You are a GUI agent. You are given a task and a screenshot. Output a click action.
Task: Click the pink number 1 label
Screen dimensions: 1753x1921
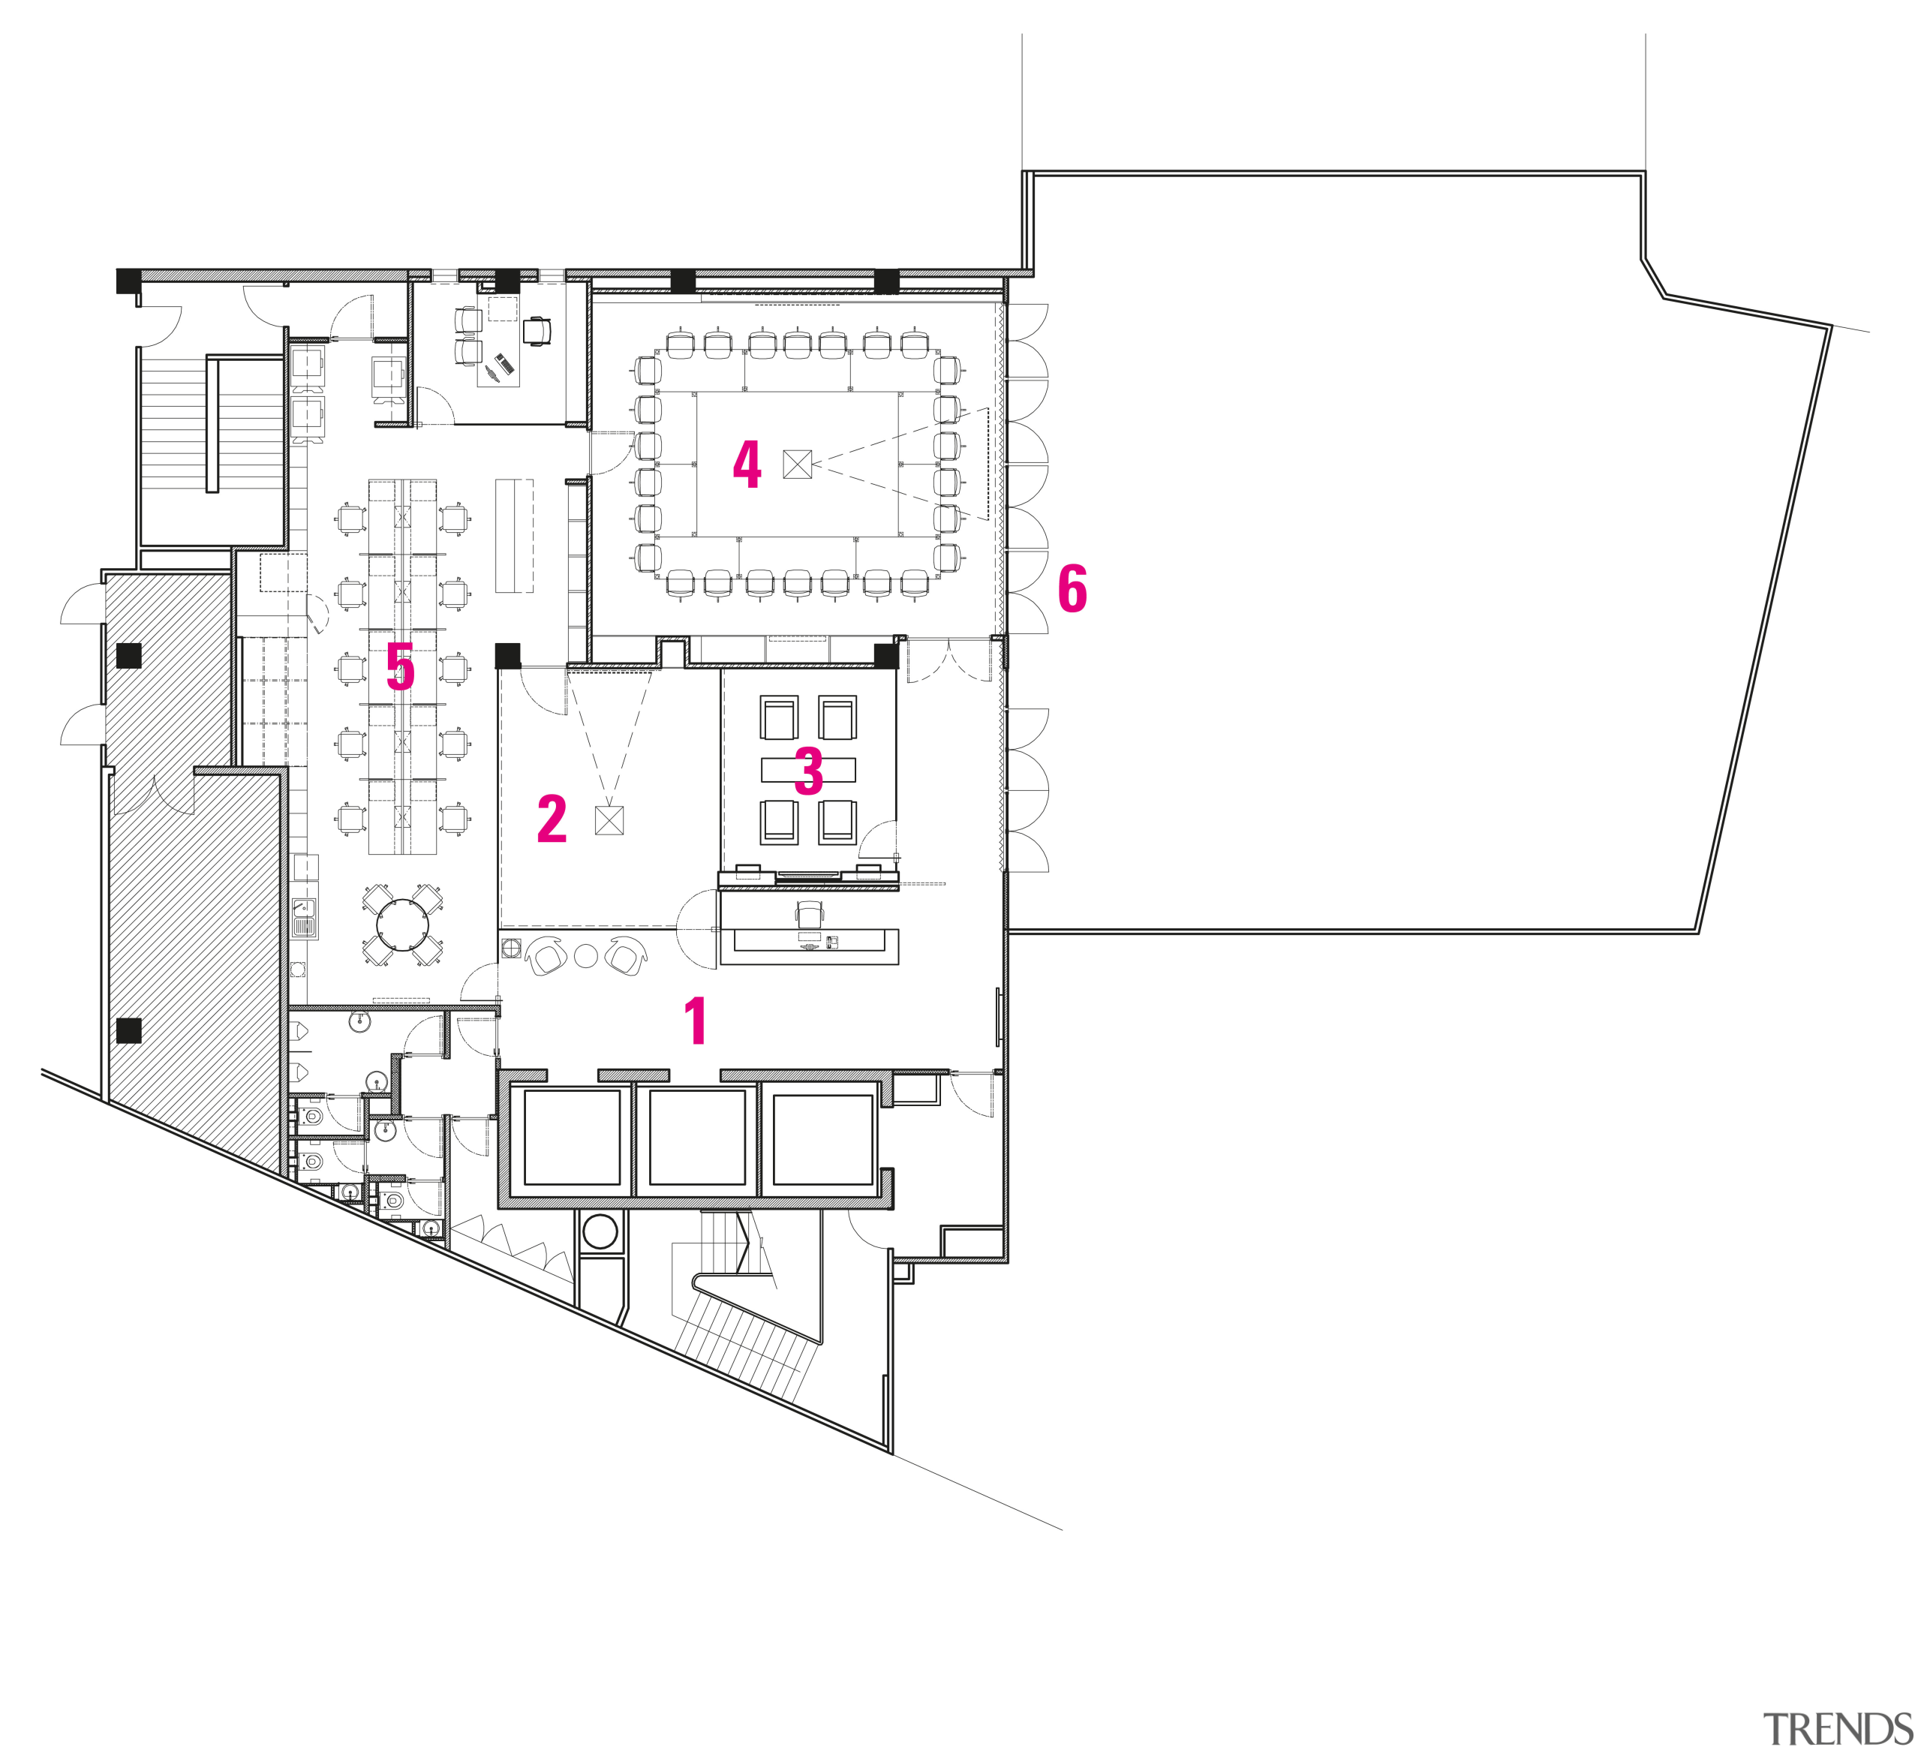(696, 1021)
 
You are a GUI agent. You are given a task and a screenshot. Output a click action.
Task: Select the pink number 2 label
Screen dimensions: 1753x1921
(552, 819)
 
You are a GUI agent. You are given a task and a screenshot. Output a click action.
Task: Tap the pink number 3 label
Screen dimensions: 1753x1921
(808, 771)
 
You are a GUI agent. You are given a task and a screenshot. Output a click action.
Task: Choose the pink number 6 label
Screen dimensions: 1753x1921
(1072, 589)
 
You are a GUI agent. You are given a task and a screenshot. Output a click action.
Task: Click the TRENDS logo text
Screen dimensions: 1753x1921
(1836, 1727)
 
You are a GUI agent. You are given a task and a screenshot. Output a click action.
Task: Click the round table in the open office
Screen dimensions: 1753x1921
(405, 922)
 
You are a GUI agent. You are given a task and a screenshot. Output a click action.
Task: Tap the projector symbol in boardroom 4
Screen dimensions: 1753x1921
(798, 464)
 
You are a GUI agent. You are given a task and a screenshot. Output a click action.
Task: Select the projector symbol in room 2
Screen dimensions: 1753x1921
(609, 819)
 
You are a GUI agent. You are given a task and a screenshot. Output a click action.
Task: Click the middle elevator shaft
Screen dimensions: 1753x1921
(696, 1138)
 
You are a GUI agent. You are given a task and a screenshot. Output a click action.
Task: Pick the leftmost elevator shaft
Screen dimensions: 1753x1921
(572, 1138)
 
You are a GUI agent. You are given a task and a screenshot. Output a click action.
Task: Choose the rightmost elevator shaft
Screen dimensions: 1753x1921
(822, 1139)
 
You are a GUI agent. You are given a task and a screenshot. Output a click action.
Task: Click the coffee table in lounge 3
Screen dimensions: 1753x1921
(808, 769)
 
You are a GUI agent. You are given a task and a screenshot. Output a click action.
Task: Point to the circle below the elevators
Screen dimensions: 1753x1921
(600, 1232)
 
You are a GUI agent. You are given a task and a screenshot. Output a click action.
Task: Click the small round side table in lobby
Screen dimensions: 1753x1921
(585, 955)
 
